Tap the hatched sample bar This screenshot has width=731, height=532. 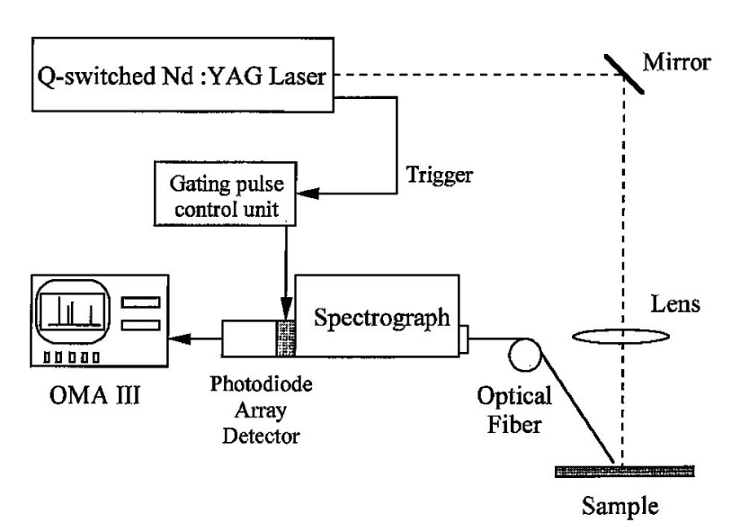tap(625, 469)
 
